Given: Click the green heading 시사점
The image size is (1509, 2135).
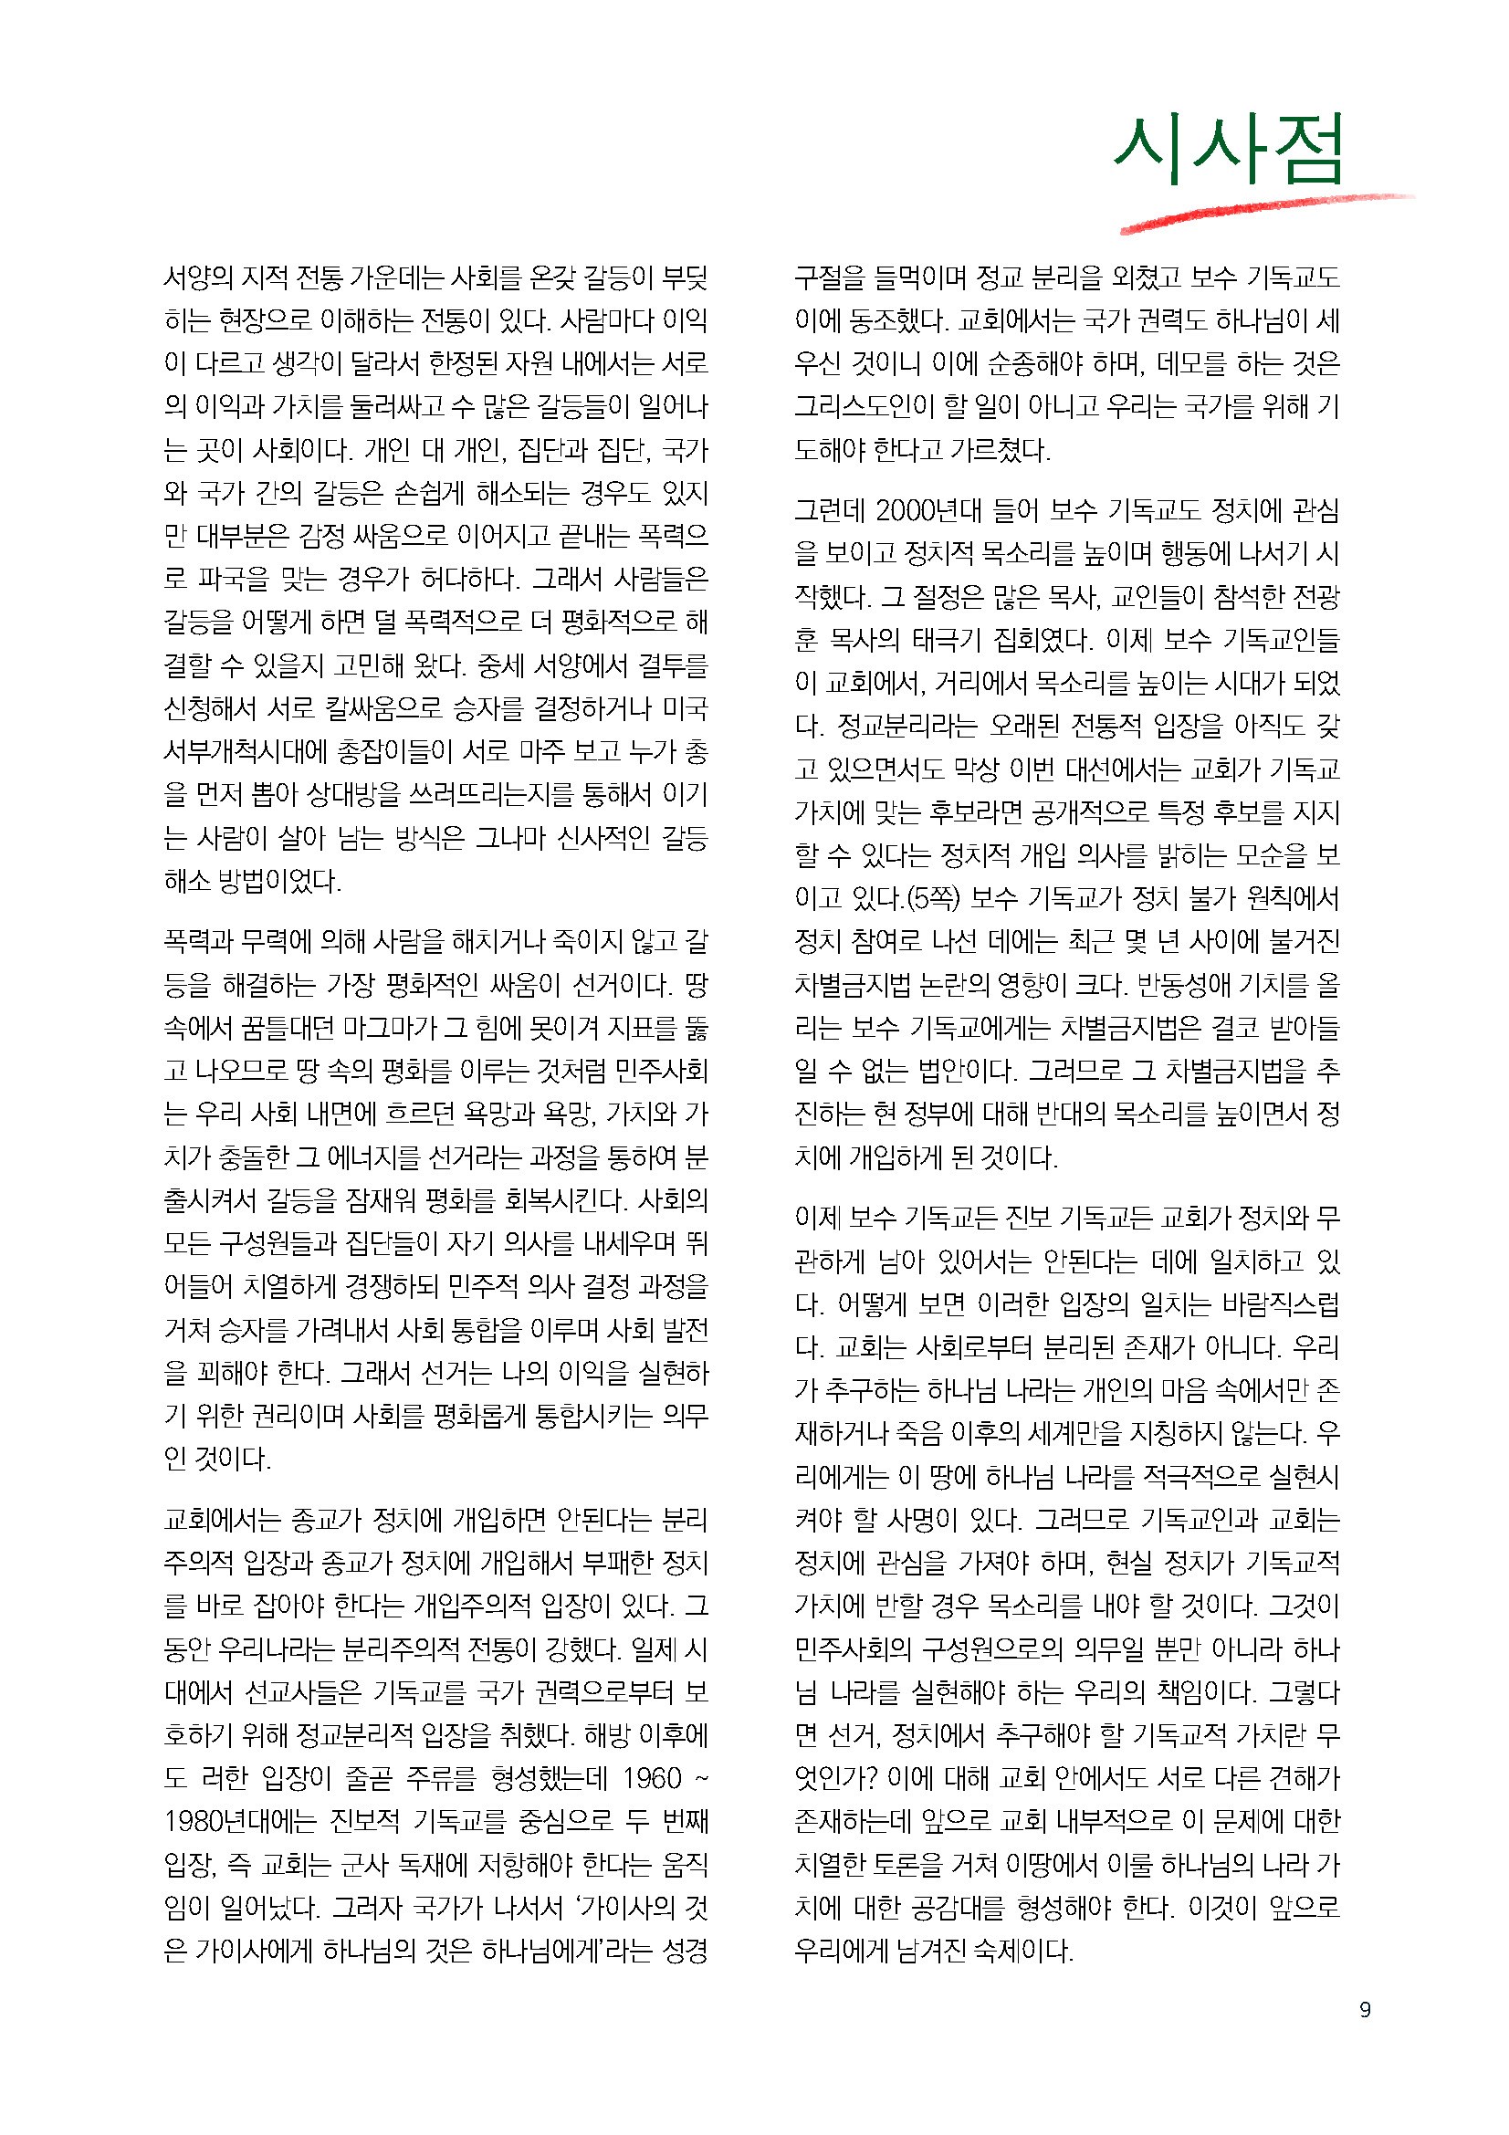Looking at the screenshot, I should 1229,150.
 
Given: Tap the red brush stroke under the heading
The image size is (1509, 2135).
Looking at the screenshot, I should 1264,211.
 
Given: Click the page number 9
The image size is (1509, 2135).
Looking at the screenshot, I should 1365,2010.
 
